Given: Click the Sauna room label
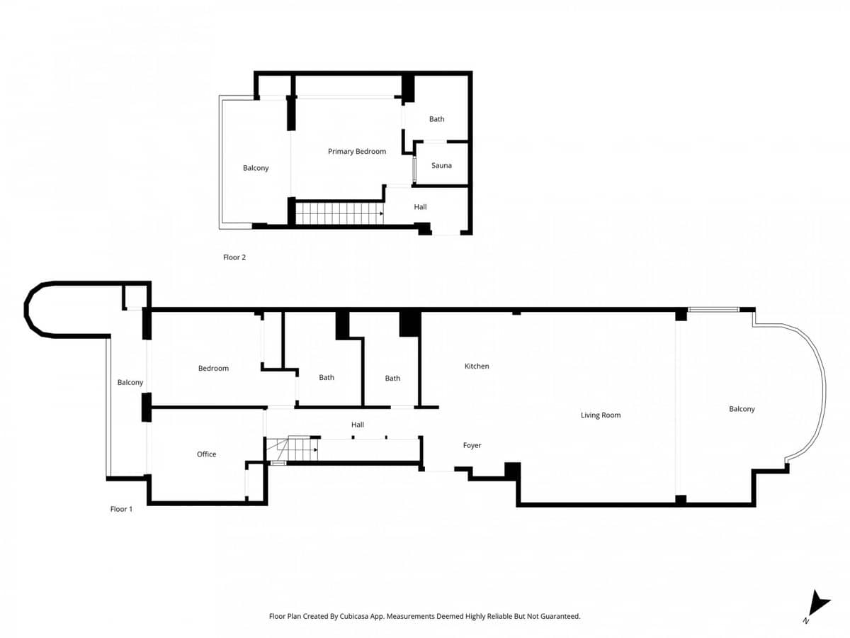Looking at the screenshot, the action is tap(441, 165).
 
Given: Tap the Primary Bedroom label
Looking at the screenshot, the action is tap(357, 152).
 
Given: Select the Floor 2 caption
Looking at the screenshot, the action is tap(234, 257).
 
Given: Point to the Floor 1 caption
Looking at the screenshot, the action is tap(121, 509).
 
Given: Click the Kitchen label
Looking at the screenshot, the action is tap(477, 366).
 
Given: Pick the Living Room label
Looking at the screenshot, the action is tap(601, 415).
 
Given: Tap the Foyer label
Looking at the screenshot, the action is tap(472, 445).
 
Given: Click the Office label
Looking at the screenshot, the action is tap(206, 454).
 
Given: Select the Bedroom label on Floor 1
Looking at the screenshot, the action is tap(213, 369).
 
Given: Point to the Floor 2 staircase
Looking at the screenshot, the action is tap(339, 213).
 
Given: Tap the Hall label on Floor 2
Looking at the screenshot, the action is tap(420, 207).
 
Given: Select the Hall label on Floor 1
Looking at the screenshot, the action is tap(358, 425).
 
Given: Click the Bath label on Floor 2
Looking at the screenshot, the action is tap(436, 119).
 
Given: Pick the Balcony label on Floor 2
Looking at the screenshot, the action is tap(256, 168).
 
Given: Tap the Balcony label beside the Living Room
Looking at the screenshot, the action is tap(742, 409).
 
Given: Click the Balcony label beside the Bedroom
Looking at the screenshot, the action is tap(130, 382).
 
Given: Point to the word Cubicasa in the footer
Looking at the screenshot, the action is tap(355, 616).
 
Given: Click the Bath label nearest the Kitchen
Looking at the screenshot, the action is tap(392, 378).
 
